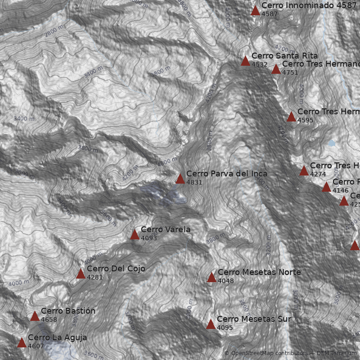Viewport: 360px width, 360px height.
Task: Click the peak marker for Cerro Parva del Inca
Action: point(180,179)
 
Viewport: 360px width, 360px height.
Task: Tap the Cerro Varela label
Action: point(165,229)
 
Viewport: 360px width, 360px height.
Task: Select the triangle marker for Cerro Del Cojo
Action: point(81,274)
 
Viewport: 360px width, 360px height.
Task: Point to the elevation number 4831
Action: point(194,182)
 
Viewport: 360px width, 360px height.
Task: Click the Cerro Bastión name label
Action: point(68,311)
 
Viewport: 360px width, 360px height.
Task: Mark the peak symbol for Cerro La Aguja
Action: point(22,342)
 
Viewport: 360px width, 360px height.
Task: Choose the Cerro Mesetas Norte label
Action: point(259,272)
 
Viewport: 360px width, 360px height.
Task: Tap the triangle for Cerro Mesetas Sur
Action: point(211,324)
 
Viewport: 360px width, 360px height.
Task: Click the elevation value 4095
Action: point(225,328)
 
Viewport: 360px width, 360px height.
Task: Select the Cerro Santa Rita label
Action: point(284,55)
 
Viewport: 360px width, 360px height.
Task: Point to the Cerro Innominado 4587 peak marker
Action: point(255,10)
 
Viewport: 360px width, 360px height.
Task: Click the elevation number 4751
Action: point(290,72)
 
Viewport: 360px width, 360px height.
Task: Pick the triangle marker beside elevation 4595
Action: point(291,117)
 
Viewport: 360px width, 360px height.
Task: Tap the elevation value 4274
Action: point(318,174)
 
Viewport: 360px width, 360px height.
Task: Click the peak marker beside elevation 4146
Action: point(326,187)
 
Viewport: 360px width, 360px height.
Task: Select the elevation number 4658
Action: point(49,320)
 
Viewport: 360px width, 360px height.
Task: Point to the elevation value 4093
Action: point(148,238)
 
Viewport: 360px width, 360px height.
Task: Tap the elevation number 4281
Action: point(94,277)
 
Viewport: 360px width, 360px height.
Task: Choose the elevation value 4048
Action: point(225,281)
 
